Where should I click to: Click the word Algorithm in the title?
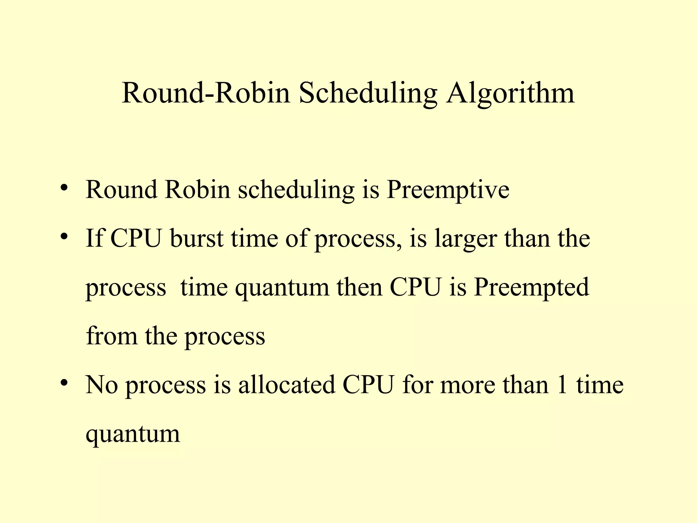pos(510,93)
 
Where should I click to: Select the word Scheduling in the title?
pos(368,93)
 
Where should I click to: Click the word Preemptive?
pos(448,190)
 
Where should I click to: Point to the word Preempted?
pos(531,287)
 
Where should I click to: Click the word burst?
pos(197,238)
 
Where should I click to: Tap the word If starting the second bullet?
pos(94,238)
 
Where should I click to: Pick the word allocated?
pos(287,385)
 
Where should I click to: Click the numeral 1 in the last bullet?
pos(562,385)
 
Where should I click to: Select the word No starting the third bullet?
pos(101,385)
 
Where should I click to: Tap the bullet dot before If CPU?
pos(64,236)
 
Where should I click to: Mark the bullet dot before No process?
pos(64,383)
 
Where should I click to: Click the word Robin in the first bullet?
pos(198,190)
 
